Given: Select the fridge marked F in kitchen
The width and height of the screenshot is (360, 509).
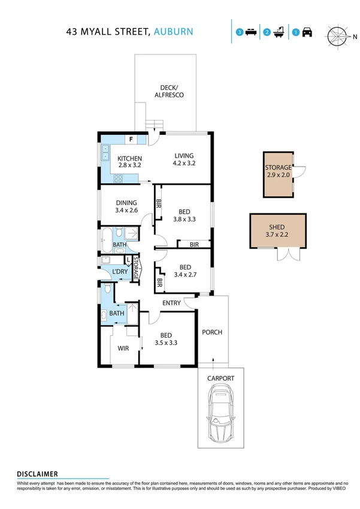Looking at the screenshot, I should (x=130, y=140).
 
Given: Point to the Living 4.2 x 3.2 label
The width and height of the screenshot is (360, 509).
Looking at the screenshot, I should (x=184, y=158).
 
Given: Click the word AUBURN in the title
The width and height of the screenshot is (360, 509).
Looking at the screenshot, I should (x=174, y=31).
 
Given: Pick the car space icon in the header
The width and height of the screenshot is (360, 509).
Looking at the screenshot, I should (x=303, y=32).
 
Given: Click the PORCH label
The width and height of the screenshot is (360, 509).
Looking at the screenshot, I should (x=212, y=332).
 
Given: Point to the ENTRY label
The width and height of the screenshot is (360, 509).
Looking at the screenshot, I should (x=171, y=303).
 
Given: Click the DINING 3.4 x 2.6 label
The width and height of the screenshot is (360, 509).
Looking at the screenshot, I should (x=126, y=206).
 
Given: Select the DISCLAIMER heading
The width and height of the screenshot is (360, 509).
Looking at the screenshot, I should (x=37, y=474).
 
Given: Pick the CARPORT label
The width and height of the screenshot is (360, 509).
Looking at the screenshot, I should (x=220, y=378).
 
